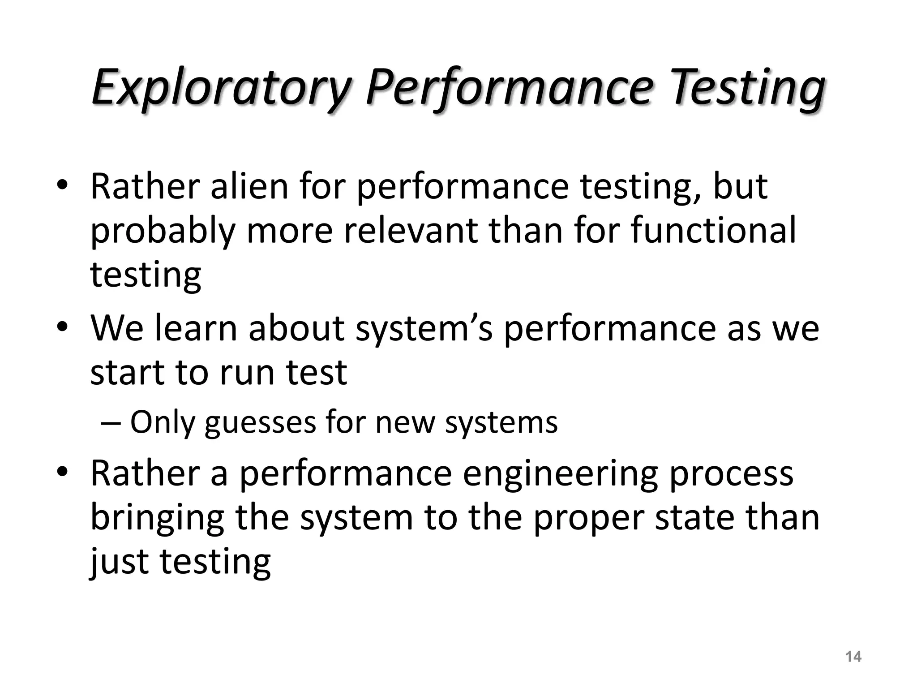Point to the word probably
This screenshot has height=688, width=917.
coord(163,231)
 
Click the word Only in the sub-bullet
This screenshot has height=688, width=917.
coord(162,422)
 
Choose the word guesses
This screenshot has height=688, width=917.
coord(260,423)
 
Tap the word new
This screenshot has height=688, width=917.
coord(405,422)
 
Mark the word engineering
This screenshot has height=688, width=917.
coord(560,474)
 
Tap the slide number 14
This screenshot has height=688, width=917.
coord(853,657)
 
